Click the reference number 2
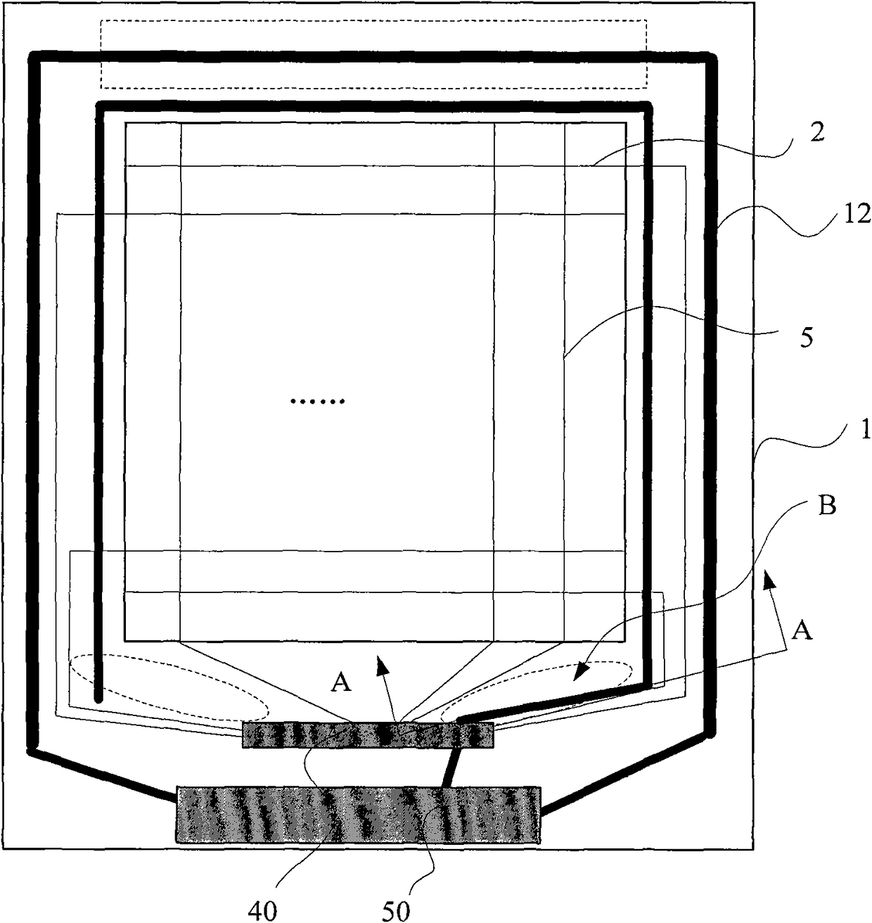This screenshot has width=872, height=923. click(817, 134)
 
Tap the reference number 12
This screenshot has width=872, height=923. click(856, 215)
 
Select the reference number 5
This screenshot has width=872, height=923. click(807, 338)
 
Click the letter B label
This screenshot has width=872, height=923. click(826, 507)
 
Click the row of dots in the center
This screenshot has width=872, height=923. click(317, 401)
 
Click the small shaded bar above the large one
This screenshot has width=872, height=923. click(368, 734)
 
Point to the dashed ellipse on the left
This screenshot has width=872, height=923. click(169, 688)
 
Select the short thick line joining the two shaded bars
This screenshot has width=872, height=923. click(450, 767)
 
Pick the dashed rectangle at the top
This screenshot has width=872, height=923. click(373, 53)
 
